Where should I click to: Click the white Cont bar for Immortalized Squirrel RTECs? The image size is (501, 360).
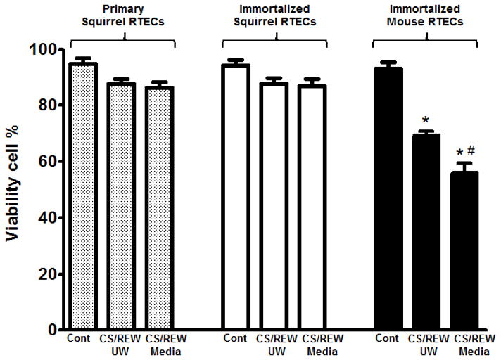point(235,197)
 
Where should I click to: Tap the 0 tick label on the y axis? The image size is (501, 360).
point(52,330)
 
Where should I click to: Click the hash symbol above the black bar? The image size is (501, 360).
point(471,149)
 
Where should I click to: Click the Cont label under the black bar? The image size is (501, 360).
point(387,338)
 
